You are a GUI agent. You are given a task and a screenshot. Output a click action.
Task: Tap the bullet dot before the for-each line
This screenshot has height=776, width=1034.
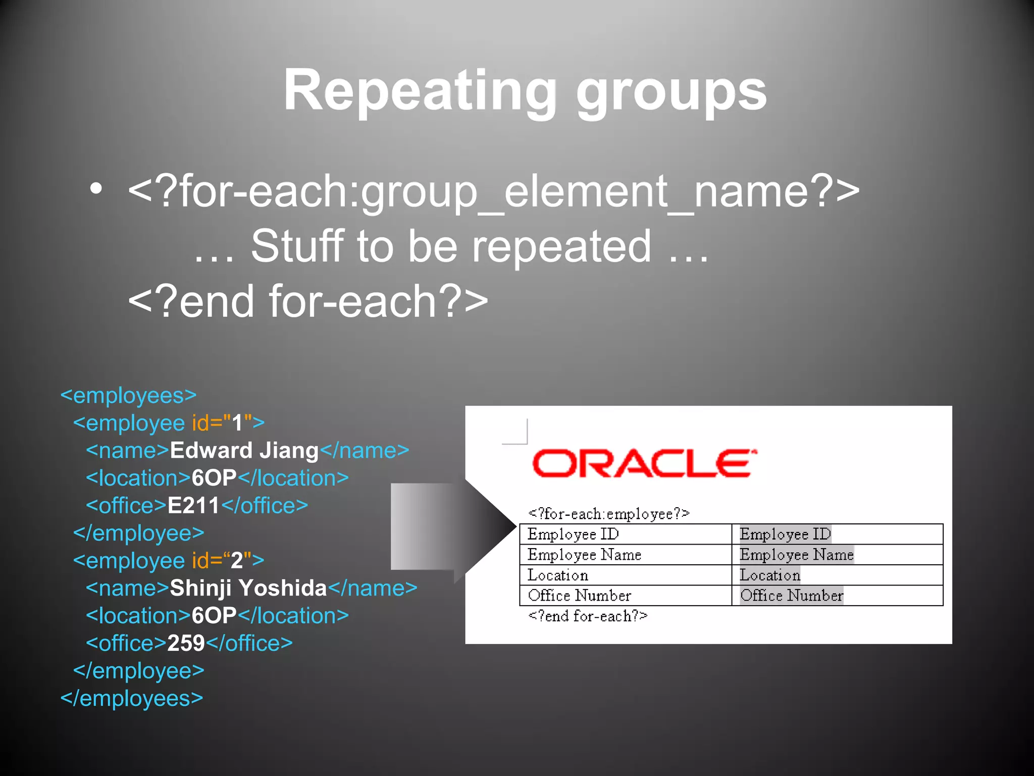[x=96, y=189]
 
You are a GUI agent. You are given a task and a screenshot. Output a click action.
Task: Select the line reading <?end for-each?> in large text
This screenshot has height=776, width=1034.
[x=308, y=302]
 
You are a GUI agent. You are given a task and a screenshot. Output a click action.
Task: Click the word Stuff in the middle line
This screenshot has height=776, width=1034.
[x=297, y=246]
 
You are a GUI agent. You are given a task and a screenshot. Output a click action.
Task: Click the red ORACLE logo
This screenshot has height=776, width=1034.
[x=644, y=463]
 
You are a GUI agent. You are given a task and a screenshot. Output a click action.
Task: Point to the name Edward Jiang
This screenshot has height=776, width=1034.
[x=244, y=451]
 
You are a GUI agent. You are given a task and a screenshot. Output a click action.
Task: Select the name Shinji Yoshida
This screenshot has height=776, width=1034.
[x=248, y=588]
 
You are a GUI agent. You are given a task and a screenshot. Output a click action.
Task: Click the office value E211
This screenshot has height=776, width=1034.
[x=193, y=506]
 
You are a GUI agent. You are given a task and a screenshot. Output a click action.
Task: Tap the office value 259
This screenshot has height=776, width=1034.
[x=186, y=643]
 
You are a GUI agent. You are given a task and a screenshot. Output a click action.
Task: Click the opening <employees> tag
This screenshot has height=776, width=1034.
[x=128, y=396]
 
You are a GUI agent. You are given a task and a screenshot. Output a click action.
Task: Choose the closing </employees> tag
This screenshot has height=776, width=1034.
[x=131, y=699]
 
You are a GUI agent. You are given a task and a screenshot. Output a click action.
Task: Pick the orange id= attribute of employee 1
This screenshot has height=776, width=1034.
[x=207, y=423]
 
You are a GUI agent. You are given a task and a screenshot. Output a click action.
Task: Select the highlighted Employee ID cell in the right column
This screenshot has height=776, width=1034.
[x=785, y=534]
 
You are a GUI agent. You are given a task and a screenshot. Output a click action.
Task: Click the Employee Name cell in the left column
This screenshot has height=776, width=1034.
[x=584, y=555]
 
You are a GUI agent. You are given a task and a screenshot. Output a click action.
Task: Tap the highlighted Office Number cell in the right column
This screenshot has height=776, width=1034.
[x=791, y=596]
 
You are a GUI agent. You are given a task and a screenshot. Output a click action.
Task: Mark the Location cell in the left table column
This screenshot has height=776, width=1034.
[x=558, y=575]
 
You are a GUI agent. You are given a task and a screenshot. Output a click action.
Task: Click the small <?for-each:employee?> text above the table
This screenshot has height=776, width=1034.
[x=608, y=514]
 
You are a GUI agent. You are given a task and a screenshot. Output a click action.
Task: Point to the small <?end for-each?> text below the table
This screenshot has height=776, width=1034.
[x=588, y=616]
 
